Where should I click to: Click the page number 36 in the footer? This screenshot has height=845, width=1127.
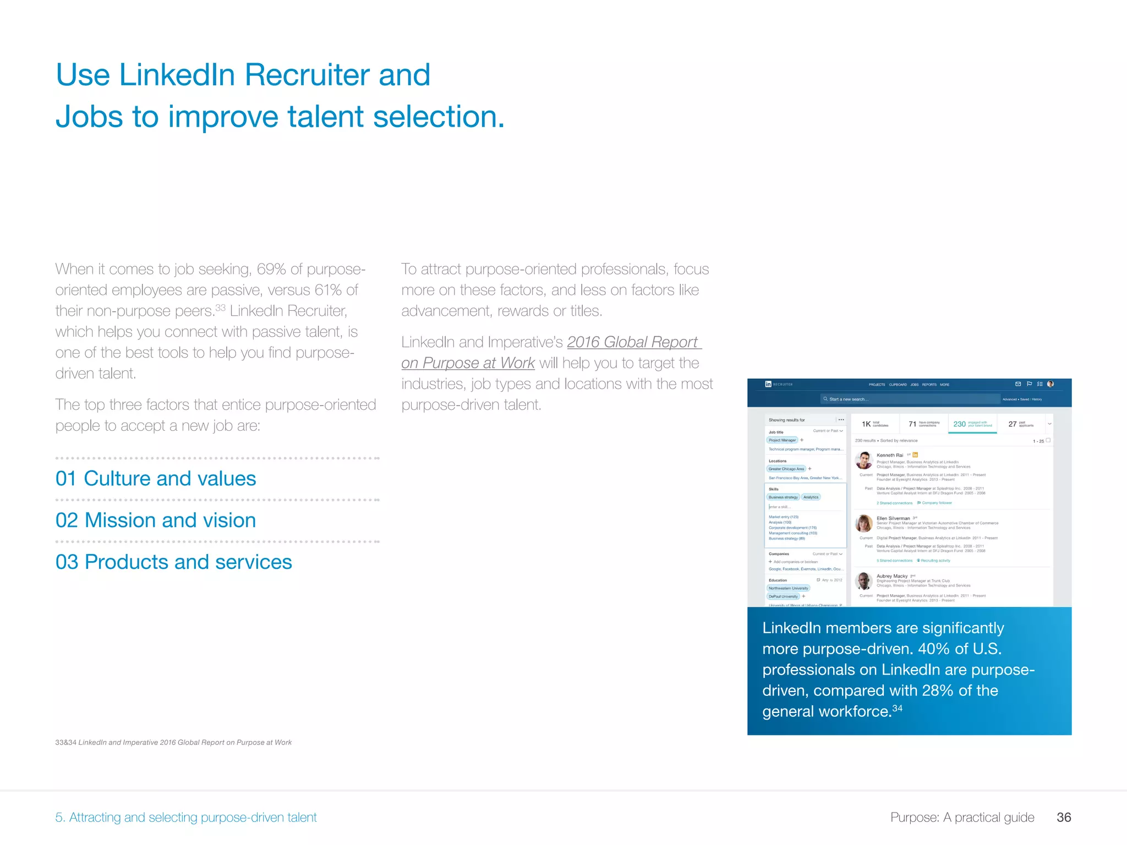(1063, 817)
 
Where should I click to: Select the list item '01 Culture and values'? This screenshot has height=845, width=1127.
(156, 479)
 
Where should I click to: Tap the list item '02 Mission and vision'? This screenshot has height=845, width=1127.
(156, 520)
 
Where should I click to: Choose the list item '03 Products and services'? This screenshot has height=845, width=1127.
(174, 562)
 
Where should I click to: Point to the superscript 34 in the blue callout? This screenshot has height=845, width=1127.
(897, 708)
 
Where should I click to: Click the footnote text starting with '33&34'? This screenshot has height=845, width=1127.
(173, 742)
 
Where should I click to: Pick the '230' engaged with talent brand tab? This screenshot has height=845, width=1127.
(972, 424)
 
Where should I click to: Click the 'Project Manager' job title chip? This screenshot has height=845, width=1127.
(782, 440)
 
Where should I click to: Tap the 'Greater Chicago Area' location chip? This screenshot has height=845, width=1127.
(786, 469)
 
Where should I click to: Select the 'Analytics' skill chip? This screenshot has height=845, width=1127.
(811, 497)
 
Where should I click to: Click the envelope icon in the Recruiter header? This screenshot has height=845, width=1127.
(1018, 384)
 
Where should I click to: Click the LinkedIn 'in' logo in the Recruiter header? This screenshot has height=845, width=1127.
(768, 384)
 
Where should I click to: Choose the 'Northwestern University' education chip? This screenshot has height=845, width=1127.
(788, 588)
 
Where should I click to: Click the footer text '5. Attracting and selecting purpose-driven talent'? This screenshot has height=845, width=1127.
(186, 817)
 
